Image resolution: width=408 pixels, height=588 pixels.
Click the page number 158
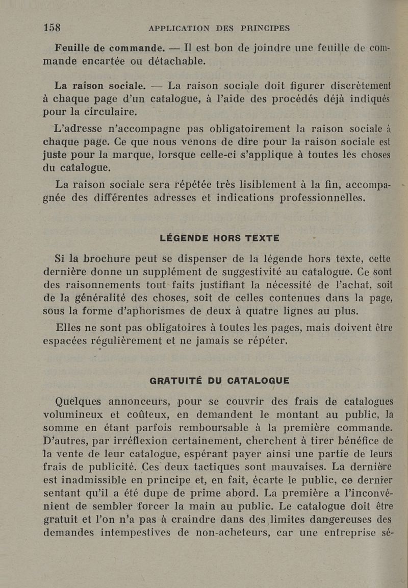pos(52,27)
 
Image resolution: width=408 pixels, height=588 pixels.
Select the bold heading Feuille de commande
pos(110,48)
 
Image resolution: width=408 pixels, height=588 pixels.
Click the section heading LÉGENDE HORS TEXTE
pos(219,237)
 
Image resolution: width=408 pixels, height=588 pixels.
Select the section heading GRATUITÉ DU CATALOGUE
pos(219,380)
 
